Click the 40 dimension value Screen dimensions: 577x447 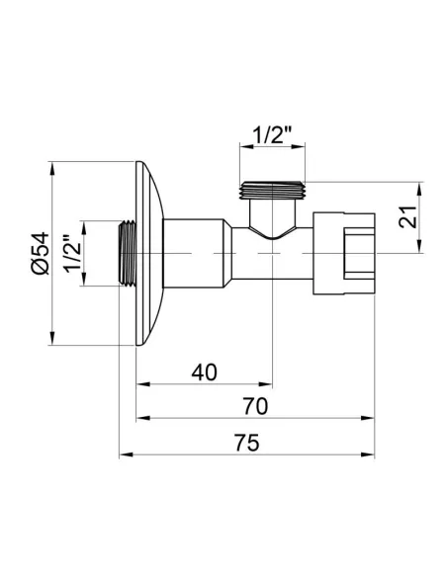(204, 371)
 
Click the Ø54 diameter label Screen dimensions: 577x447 (39, 254)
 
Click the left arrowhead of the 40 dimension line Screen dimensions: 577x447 (140, 382)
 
